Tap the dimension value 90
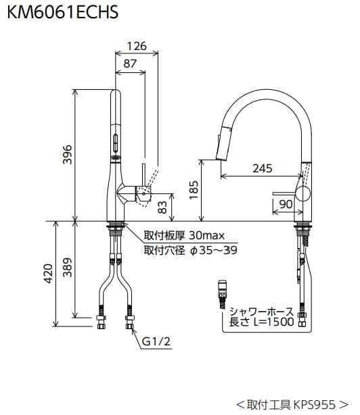tap(285, 203)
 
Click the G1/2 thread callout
tap(155, 342)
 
